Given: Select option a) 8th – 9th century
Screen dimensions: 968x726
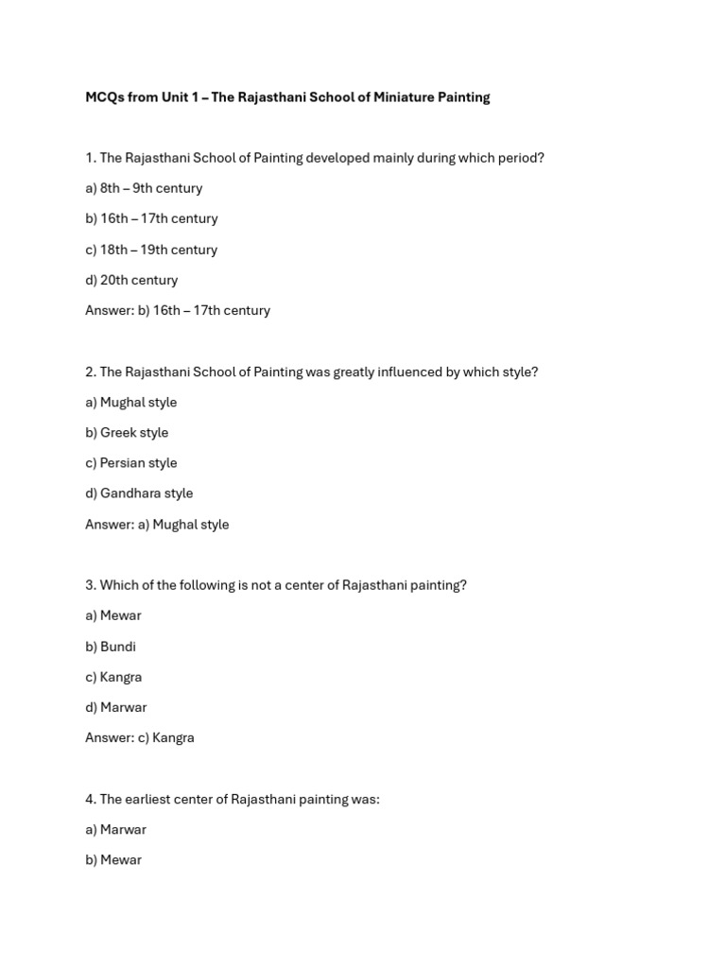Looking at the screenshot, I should pyautogui.click(x=144, y=188).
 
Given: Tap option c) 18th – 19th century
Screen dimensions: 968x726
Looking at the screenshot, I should pyautogui.click(x=151, y=250).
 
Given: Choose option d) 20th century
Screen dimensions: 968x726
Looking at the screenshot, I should pyautogui.click(x=131, y=280).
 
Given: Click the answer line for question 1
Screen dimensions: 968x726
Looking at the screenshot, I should pyautogui.click(x=178, y=310).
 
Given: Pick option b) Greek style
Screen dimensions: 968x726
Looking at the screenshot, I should pyautogui.click(x=127, y=433).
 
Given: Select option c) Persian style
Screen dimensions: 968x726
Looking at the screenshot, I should pyautogui.click(x=130, y=463).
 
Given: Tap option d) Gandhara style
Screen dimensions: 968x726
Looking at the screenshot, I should pyautogui.click(x=139, y=493).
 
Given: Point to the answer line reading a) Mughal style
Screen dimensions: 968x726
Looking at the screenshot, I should pyautogui.click(x=157, y=525).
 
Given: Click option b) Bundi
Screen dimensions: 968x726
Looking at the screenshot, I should pyautogui.click(x=111, y=647).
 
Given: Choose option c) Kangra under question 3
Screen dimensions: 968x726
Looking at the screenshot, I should pyautogui.click(x=113, y=677).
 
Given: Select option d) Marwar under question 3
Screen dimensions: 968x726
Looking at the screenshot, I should pyautogui.click(x=116, y=707).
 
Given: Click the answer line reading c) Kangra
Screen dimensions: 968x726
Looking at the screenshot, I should pyautogui.click(x=140, y=738).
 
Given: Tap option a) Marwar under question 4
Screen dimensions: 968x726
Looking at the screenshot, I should pyautogui.click(x=115, y=830).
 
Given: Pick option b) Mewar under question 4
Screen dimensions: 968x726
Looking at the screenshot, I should pyautogui.click(x=113, y=860).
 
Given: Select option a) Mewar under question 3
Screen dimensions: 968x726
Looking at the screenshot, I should pyautogui.click(x=113, y=616).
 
